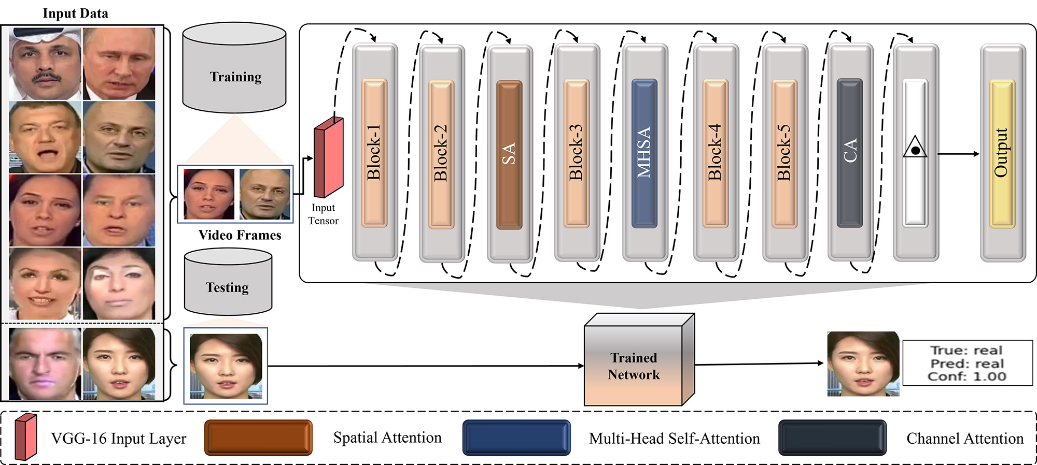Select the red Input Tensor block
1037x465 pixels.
pyautogui.click(x=328, y=157)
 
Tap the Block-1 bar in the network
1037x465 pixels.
pyautogui.click(x=374, y=153)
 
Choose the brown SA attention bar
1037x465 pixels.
pyautogui.click(x=509, y=154)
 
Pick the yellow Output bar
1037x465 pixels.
pyautogui.click(x=1002, y=153)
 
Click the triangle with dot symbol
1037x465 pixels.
pyautogui.click(x=915, y=148)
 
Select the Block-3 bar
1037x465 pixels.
pyautogui.click(x=577, y=153)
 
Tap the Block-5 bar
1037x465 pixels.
pyautogui.click(x=784, y=153)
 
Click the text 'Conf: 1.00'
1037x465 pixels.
pyautogui.click(x=967, y=376)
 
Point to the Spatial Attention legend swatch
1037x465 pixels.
pyautogui.click(x=258, y=438)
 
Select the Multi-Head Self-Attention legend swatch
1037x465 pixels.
pyautogui.click(x=516, y=438)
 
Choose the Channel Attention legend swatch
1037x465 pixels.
pyautogui.click(x=833, y=438)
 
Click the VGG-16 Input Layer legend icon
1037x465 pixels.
pyautogui.click(x=25, y=437)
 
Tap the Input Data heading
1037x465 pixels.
pyautogui.click(x=75, y=13)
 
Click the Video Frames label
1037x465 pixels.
pyautogui.click(x=240, y=235)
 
